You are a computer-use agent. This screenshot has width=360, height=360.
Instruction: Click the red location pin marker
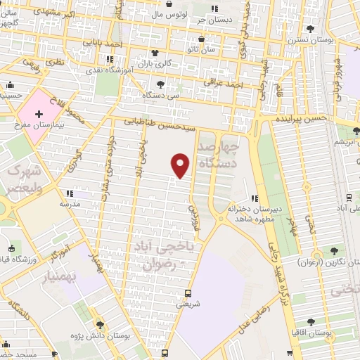pos(181,164)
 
